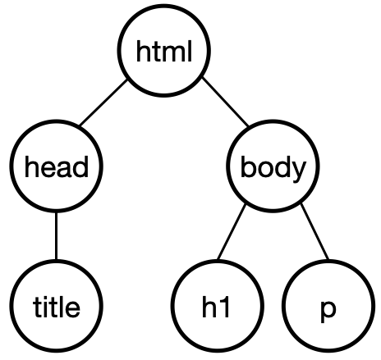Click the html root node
pyautogui.click(x=164, y=50)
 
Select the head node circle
pyautogui.click(x=57, y=166)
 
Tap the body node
pyautogui.click(x=273, y=166)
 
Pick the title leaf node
pyautogui.click(x=57, y=306)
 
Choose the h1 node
pyautogui.click(x=218, y=306)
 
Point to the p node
pyautogui.click(x=328, y=306)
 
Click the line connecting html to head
pyautogui.click(x=103, y=103)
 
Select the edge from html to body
pyautogui.click(x=226, y=102)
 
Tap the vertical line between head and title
pyautogui.click(x=57, y=236)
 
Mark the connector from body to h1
pyautogui.click(x=232, y=232)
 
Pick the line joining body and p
pyautogui.click(x=314, y=231)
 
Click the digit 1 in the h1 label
pyautogui.click(x=224, y=307)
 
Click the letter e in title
pyautogui.click(x=72, y=310)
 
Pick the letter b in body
pyautogui.click(x=249, y=166)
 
